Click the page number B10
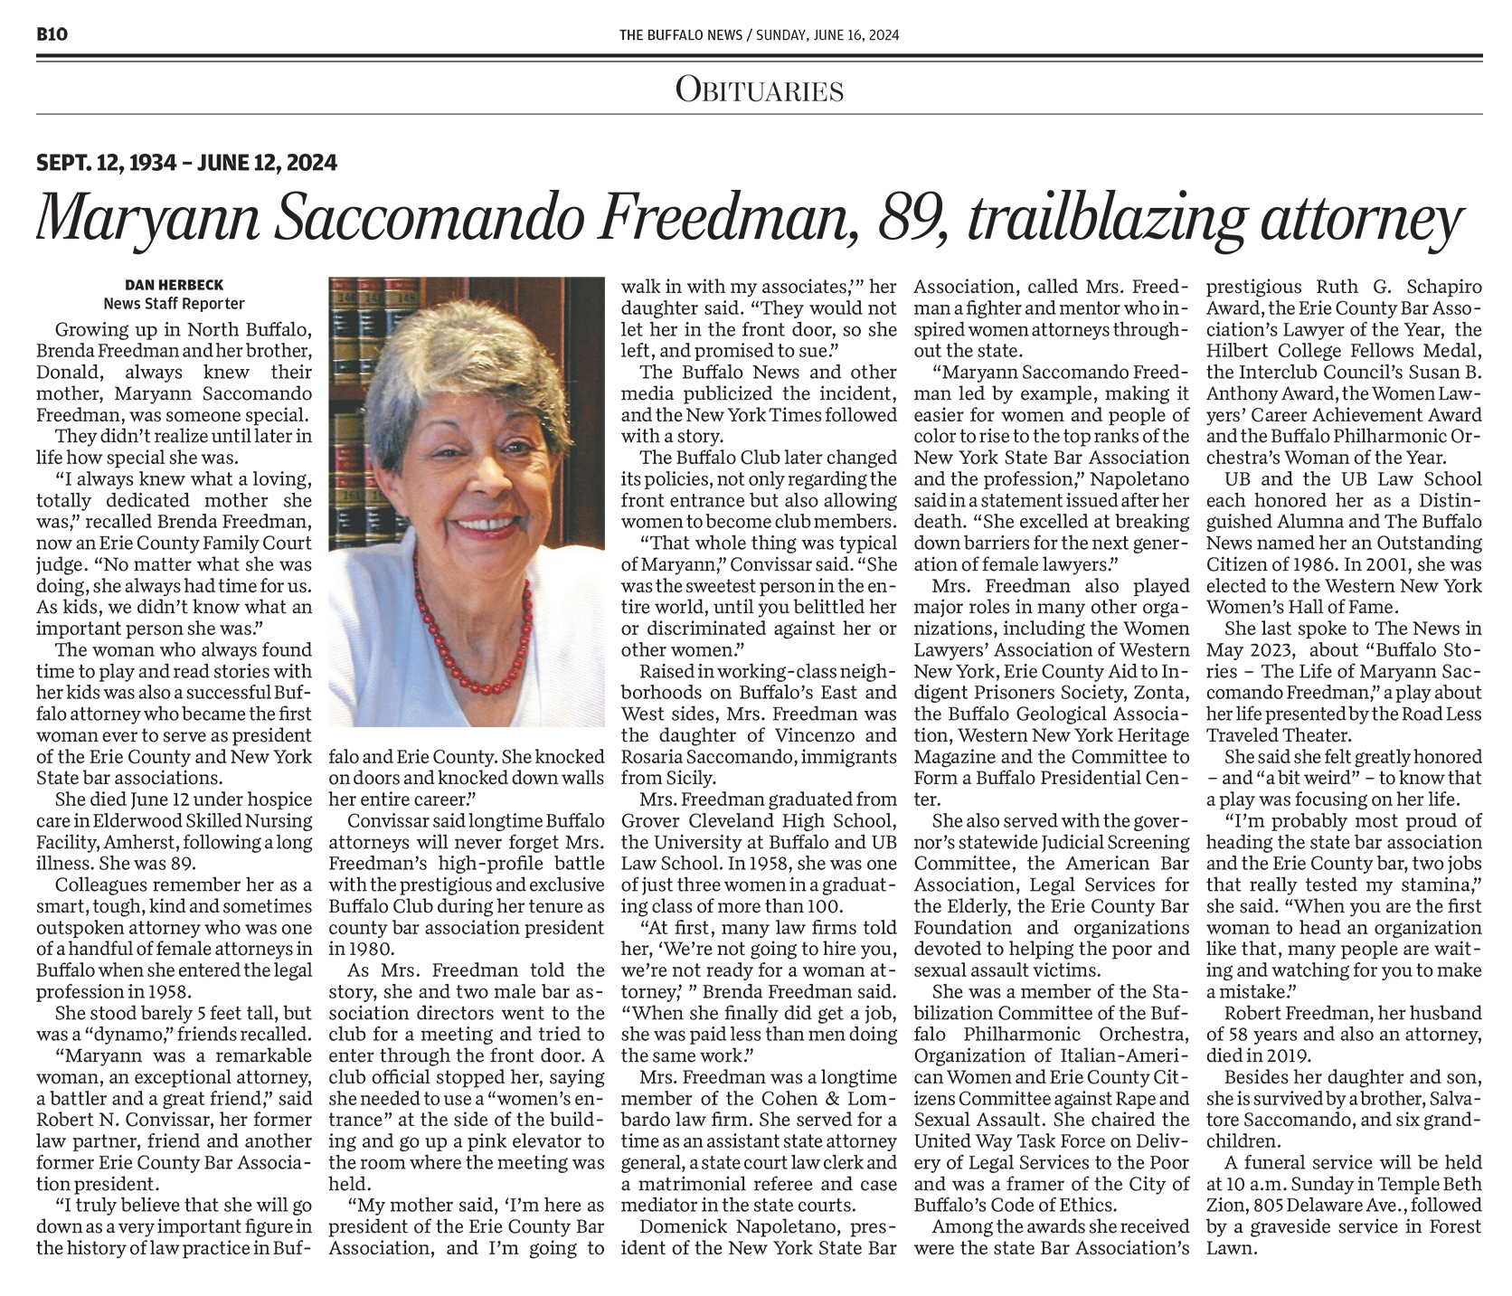pyautogui.click(x=52, y=35)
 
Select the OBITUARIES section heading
pyautogui.click(x=759, y=90)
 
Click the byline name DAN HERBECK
pyautogui.click(x=174, y=286)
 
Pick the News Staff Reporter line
pyautogui.click(x=174, y=304)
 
